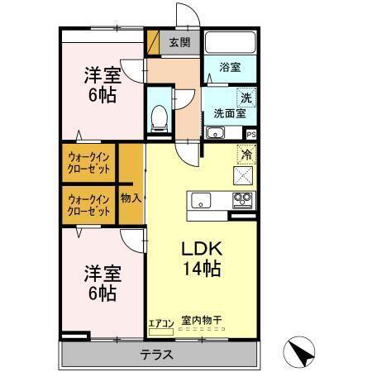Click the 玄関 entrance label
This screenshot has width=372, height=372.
click(179, 42)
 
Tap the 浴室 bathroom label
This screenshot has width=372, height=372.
click(230, 68)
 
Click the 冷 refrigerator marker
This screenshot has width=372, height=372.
click(246, 154)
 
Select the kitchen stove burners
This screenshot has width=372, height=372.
click(241, 199)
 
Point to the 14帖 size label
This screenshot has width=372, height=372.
click(201, 268)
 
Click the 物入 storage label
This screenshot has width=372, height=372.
click(131, 198)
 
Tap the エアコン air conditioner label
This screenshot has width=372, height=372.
click(160, 323)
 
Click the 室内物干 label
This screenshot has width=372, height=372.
click(202, 322)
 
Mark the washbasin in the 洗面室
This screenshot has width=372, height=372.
click(214, 132)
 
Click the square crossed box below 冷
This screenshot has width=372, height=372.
click(246, 174)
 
